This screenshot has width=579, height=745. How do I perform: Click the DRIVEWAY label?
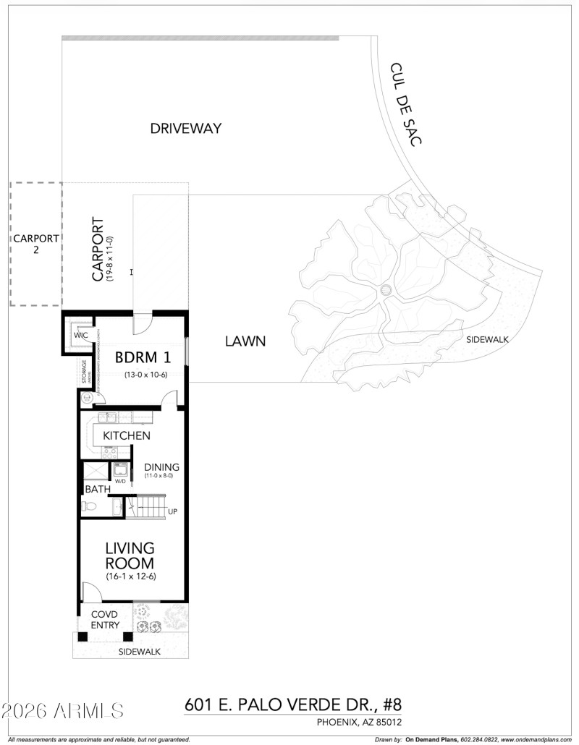[x=185, y=129]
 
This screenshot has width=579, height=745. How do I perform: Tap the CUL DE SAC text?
[x=405, y=104]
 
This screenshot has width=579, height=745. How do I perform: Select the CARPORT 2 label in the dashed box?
[x=35, y=244]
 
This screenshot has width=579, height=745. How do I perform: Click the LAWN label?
[x=245, y=341]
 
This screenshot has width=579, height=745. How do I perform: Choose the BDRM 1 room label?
[x=143, y=357]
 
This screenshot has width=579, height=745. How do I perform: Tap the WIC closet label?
[x=80, y=336]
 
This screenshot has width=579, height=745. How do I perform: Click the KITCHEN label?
[x=127, y=435]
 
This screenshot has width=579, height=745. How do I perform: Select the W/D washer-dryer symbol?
[x=120, y=469]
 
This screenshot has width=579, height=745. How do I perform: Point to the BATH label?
[x=98, y=489]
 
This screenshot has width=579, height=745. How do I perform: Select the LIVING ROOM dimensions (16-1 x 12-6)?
[x=130, y=576]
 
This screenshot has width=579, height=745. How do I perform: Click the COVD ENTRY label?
[x=104, y=619]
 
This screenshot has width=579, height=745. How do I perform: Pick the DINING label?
[x=161, y=467]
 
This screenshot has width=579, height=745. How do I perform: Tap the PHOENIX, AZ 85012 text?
[x=358, y=722]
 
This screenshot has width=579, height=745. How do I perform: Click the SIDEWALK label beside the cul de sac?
[x=486, y=339]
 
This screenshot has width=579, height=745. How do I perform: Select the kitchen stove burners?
[x=110, y=451]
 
